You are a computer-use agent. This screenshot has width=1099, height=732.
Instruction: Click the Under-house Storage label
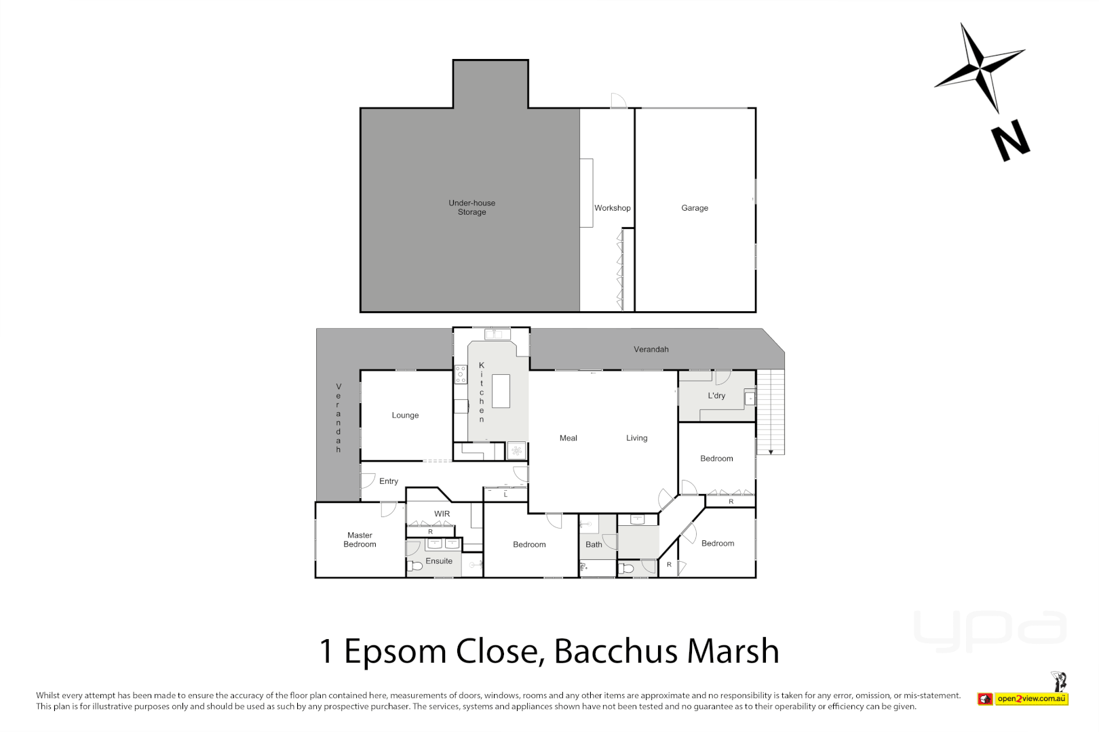(x=471, y=207)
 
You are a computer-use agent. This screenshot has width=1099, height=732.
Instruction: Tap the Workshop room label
(x=612, y=208)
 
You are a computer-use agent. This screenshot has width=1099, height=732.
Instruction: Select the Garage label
(x=694, y=208)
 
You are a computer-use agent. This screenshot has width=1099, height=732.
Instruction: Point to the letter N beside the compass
(x=1010, y=141)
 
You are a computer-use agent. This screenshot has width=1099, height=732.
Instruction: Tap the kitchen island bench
(x=501, y=391)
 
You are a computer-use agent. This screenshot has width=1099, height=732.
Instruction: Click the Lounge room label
(x=405, y=415)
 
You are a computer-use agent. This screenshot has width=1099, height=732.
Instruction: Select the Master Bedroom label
(x=360, y=540)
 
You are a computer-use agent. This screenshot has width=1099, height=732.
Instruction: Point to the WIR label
(x=442, y=514)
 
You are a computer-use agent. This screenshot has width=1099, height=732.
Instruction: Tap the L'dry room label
(x=716, y=396)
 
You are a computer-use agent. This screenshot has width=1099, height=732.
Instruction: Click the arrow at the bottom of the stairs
(x=771, y=452)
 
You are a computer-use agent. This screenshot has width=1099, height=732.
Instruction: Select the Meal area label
(x=568, y=439)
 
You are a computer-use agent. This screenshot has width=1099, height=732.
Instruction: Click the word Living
(x=636, y=439)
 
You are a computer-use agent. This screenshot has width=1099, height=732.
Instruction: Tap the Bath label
(x=594, y=544)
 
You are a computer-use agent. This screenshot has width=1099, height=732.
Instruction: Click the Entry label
(x=388, y=481)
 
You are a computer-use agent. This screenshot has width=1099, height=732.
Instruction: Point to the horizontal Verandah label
(x=651, y=350)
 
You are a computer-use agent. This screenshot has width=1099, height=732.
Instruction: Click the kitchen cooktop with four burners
(x=461, y=374)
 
